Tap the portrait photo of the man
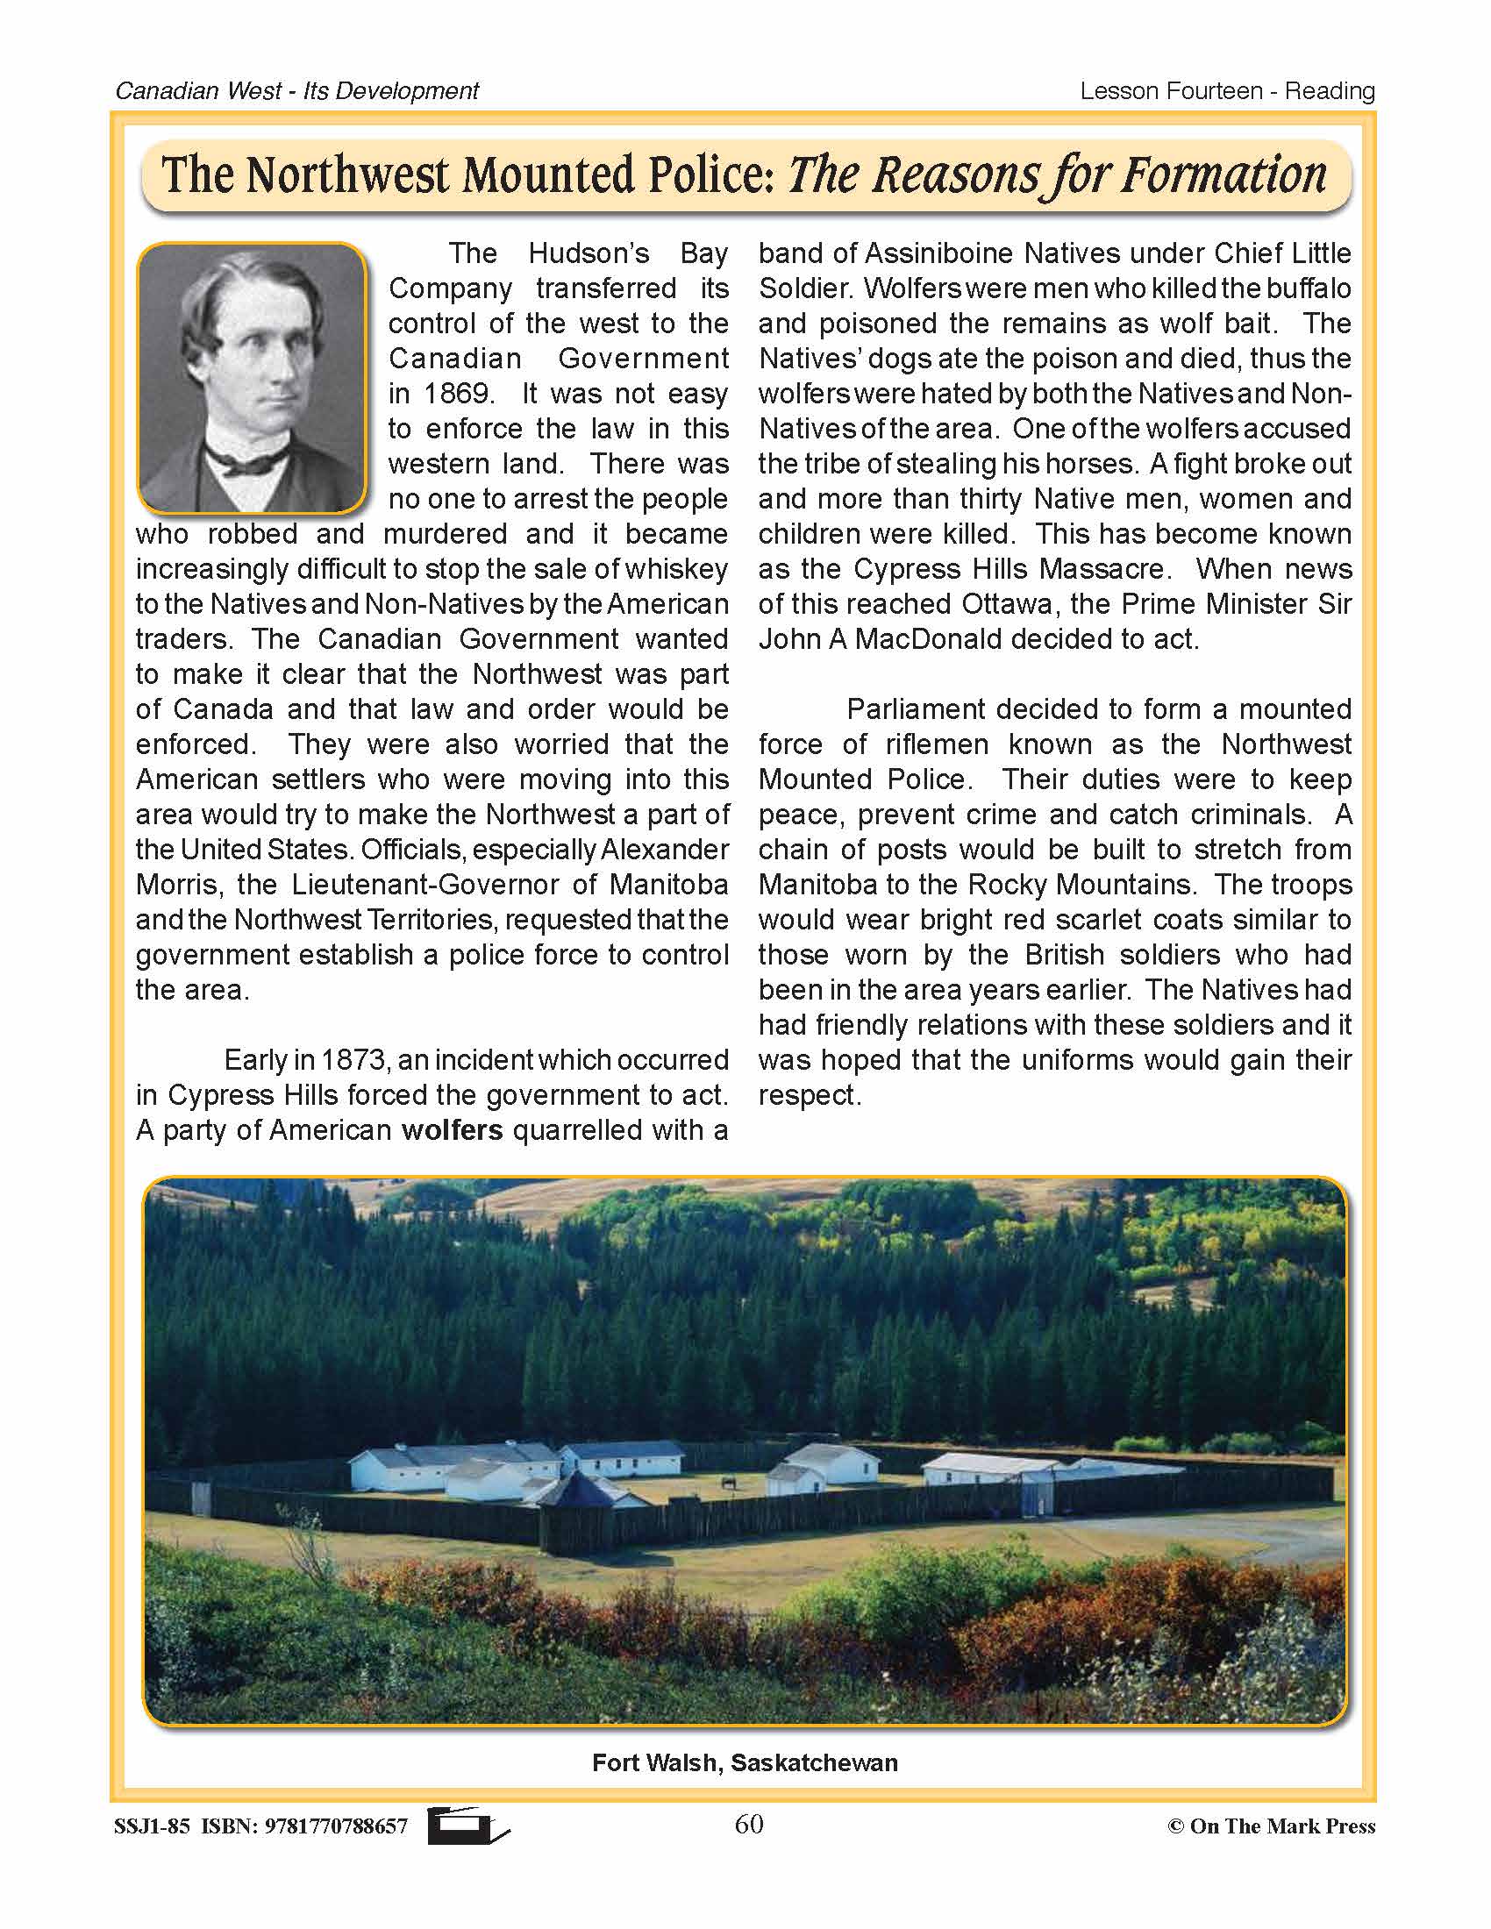252,377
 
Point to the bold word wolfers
452,1130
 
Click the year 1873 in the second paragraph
353,1060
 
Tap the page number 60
748,1824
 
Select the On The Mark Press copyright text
1271,1826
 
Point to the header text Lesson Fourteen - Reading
1227,91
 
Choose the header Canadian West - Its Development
296,91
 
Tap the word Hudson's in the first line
589,253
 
